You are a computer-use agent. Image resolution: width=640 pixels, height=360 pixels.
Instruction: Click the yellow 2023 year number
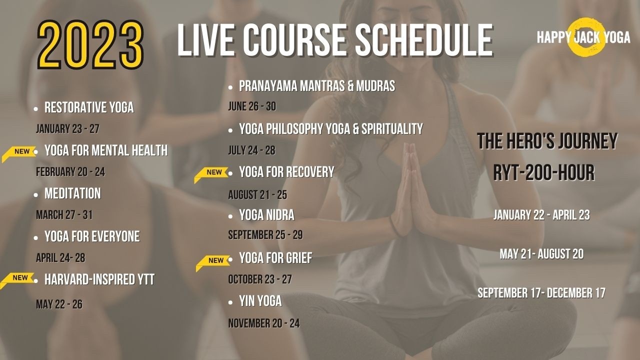click(90, 46)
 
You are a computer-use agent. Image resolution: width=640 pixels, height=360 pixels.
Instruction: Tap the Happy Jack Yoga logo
click(583, 37)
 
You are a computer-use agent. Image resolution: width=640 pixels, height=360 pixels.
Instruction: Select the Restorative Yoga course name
click(89, 107)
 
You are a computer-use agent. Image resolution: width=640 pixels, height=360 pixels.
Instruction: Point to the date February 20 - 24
click(70, 172)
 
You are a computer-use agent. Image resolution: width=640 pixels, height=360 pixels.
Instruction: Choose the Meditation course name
click(72, 193)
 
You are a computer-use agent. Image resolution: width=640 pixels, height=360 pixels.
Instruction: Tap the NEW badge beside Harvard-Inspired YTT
click(19, 278)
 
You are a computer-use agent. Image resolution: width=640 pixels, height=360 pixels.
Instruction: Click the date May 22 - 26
click(59, 304)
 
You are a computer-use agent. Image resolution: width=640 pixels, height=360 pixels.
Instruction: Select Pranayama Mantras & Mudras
click(317, 86)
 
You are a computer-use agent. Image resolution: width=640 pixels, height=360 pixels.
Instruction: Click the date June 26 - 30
click(252, 106)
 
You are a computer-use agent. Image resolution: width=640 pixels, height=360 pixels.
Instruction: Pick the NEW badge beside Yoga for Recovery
click(213, 173)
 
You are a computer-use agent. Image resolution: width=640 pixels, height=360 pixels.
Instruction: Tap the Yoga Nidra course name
click(266, 215)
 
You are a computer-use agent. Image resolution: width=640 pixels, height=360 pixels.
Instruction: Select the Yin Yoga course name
click(260, 301)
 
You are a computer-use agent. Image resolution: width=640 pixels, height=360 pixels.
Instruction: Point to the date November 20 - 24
click(264, 323)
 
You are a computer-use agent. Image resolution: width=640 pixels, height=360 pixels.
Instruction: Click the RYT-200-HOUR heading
click(543, 172)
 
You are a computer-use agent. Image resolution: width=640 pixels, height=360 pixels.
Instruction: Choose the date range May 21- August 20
click(541, 254)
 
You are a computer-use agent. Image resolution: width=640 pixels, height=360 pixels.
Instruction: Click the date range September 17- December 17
click(541, 293)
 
